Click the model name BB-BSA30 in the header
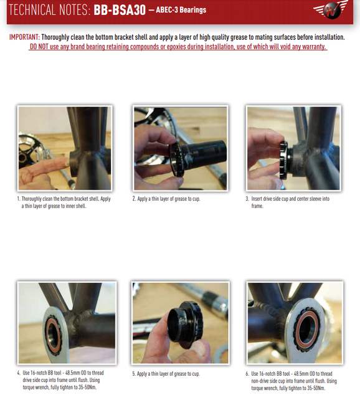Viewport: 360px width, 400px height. point(120,11)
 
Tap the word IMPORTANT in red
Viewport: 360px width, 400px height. point(24,37)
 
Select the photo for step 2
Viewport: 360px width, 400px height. point(180,148)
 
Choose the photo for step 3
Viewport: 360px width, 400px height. point(293,148)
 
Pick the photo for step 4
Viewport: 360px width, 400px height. point(66,323)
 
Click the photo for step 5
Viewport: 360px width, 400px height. point(180,323)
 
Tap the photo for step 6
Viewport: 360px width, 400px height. point(294,323)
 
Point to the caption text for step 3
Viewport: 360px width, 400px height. point(288,202)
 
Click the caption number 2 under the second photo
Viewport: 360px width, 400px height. point(133,199)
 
